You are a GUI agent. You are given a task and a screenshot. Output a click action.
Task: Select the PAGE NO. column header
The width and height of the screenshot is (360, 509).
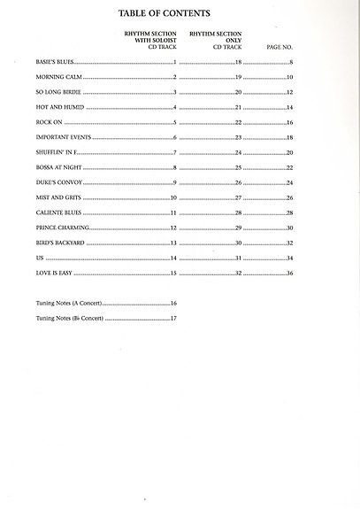pyautogui.click(x=280, y=45)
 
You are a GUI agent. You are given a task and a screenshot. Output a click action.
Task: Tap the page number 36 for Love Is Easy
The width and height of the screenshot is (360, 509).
pyautogui.click(x=289, y=273)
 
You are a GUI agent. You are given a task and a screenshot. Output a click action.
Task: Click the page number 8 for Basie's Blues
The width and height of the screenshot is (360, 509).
pyautogui.click(x=291, y=63)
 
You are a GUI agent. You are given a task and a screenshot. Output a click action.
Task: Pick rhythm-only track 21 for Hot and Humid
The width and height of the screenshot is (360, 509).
pyautogui.click(x=238, y=107)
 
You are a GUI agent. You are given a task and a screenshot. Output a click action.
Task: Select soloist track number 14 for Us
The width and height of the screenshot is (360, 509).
pyautogui.click(x=174, y=258)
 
